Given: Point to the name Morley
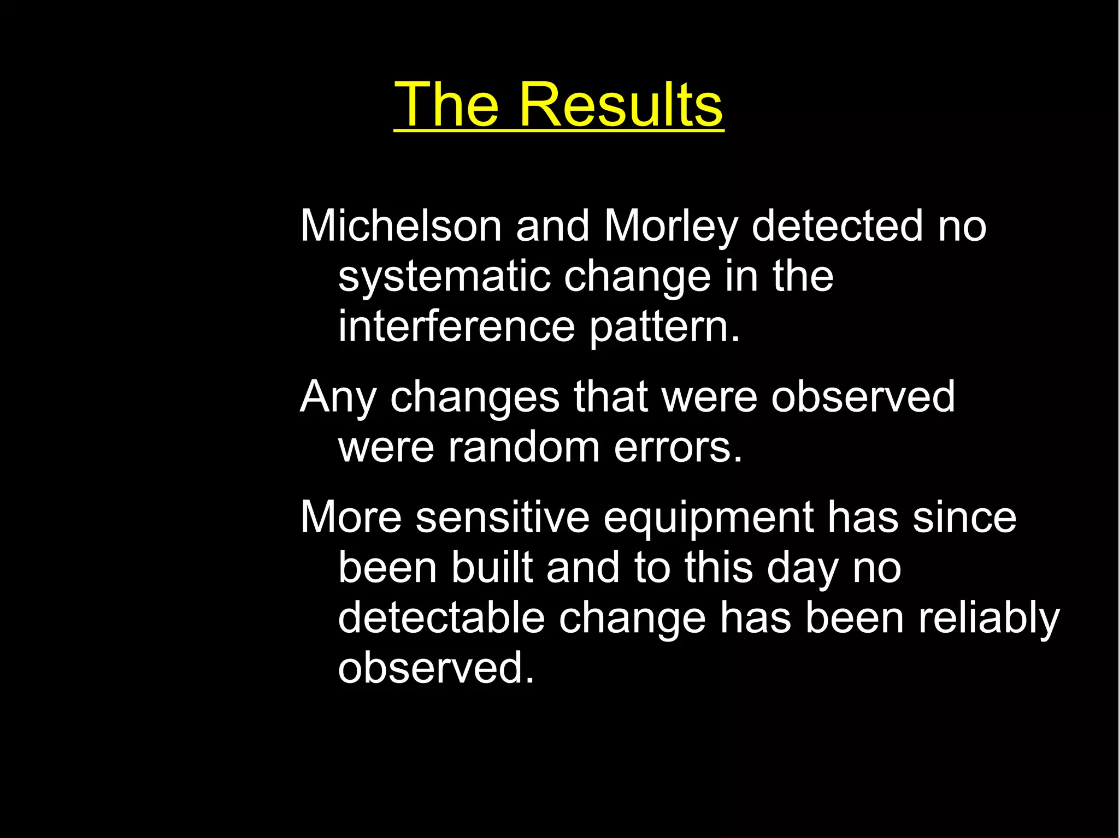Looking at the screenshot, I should [671, 226].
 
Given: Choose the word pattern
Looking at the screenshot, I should [664, 327].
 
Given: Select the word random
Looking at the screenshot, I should [524, 447].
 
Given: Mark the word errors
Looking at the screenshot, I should [678, 447].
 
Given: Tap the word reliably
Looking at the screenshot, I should [988, 618].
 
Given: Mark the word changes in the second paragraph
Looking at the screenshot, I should [475, 397].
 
